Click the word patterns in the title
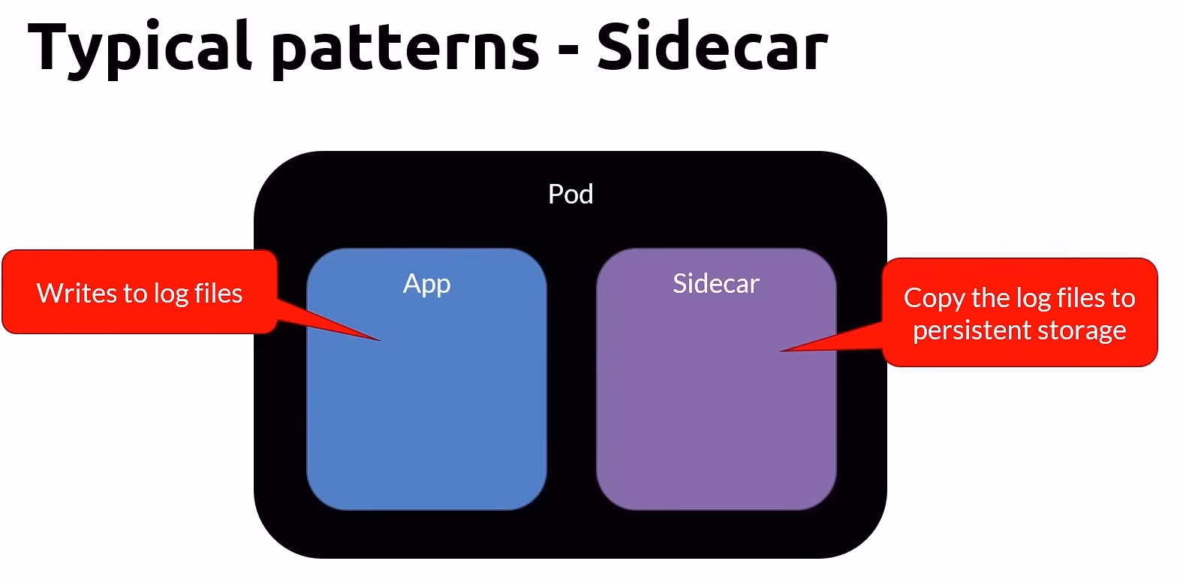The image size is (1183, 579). pyautogui.click(x=405, y=49)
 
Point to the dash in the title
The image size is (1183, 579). pyautogui.click(x=568, y=51)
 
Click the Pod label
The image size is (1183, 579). pyautogui.click(x=570, y=195)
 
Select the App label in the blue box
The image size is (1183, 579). pyautogui.click(x=426, y=284)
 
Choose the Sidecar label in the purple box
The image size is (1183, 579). pyautogui.click(x=716, y=284)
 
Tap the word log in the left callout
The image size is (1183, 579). pyautogui.click(x=170, y=294)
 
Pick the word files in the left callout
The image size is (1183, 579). pyautogui.click(x=218, y=293)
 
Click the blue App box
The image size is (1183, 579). pyautogui.click(x=426, y=406)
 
